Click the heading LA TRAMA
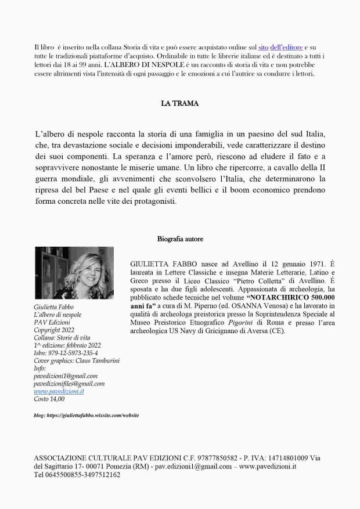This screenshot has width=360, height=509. pyautogui.click(x=179, y=104)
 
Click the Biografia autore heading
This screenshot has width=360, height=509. pyautogui.click(x=180, y=239)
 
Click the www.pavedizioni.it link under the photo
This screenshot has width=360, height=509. pyautogui.click(x=59, y=391)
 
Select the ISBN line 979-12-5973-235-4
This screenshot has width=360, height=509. pyautogui.click(x=66, y=353)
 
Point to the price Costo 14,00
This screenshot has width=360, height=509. pyautogui.click(x=49, y=399)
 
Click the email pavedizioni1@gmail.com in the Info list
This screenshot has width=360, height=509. pyautogui.click(x=66, y=376)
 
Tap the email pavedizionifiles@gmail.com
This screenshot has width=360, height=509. pyautogui.click(x=69, y=384)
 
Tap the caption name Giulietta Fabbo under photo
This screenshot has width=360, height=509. pyautogui.click(x=53, y=306)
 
